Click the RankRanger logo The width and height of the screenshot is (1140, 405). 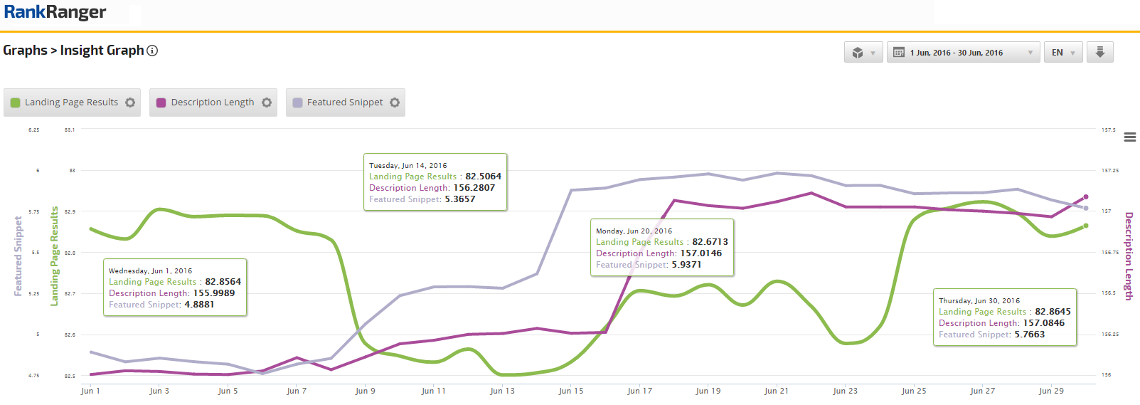point(55,12)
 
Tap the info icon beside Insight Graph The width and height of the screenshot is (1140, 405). point(152,51)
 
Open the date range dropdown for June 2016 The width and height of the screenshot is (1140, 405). point(963,53)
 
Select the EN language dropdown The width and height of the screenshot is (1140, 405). point(1063,53)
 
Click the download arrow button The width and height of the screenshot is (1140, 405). point(1099,52)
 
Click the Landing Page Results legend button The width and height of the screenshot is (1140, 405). point(72,102)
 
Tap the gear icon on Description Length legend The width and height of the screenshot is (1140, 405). point(267,102)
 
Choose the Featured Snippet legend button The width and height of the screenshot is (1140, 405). point(345,102)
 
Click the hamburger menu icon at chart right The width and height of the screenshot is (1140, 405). point(1129,137)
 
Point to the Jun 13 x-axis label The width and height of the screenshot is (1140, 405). point(502,391)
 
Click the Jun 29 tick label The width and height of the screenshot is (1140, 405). point(1051,391)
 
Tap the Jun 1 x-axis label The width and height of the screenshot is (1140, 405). point(90,391)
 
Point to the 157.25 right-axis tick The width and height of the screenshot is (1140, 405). point(1109,171)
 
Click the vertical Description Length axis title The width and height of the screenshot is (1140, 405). point(1128,256)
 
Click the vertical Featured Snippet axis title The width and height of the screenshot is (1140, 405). point(18,256)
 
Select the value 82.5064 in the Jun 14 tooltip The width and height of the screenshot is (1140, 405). point(483,177)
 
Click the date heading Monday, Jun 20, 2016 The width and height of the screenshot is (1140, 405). point(634,231)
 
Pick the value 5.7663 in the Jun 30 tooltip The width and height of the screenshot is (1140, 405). point(1029,335)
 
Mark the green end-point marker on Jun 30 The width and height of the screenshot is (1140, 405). point(1086,226)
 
